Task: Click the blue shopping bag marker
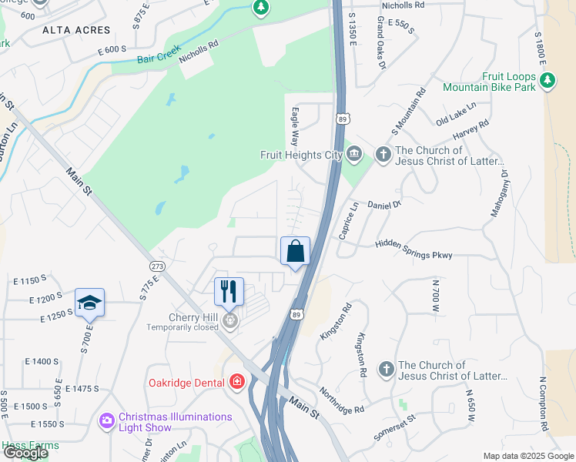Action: click(295, 252)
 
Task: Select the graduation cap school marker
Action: click(89, 303)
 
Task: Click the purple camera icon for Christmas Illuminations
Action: click(107, 421)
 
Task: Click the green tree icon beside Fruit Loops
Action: click(548, 79)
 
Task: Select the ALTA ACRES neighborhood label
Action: click(76, 30)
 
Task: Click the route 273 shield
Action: click(158, 266)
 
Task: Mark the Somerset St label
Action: click(395, 427)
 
